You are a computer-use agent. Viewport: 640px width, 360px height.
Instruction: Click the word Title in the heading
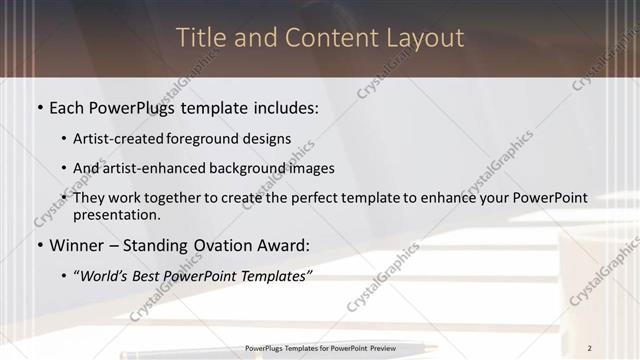(x=200, y=38)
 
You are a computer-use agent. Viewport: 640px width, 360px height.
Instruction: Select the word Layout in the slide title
(x=425, y=38)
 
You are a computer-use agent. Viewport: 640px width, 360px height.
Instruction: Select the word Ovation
(x=227, y=245)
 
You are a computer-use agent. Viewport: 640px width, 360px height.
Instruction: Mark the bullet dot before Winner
(x=39, y=245)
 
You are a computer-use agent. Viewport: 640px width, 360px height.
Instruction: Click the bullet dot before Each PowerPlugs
(x=39, y=107)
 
